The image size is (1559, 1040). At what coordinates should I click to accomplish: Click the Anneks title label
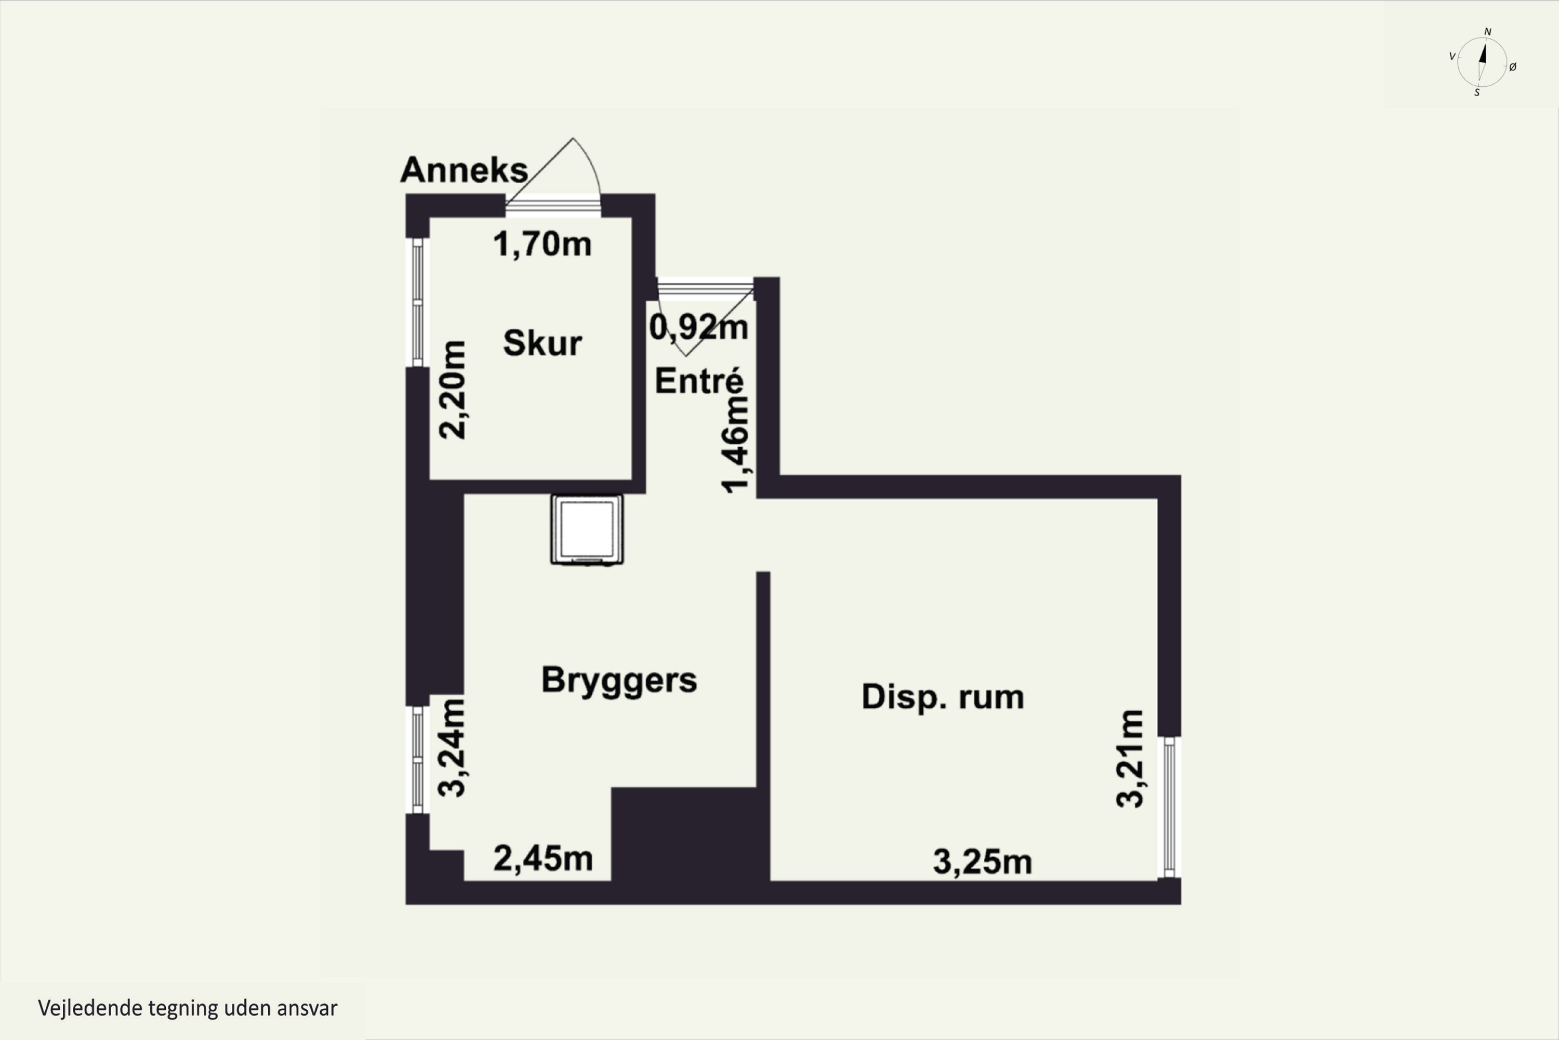[464, 170]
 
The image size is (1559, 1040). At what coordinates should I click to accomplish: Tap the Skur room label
[542, 343]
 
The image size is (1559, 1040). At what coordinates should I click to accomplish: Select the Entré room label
[699, 381]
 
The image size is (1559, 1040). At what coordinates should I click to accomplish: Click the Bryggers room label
[619, 680]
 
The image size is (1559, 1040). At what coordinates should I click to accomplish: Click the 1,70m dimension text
[542, 244]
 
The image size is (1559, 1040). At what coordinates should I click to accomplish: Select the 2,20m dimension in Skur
[453, 390]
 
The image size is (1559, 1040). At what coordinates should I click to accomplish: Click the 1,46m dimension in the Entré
[736, 445]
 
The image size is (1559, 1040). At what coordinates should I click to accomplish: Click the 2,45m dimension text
[542, 859]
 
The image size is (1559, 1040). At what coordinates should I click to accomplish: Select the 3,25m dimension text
[982, 862]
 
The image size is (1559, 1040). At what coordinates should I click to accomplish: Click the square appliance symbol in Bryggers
[587, 530]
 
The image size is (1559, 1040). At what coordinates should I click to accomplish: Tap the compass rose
[1482, 62]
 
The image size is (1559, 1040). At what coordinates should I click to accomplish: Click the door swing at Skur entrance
[563, 169]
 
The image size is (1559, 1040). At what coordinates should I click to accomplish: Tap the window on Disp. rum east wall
[1169, 807]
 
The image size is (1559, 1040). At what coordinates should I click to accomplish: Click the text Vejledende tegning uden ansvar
[188, 1008]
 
